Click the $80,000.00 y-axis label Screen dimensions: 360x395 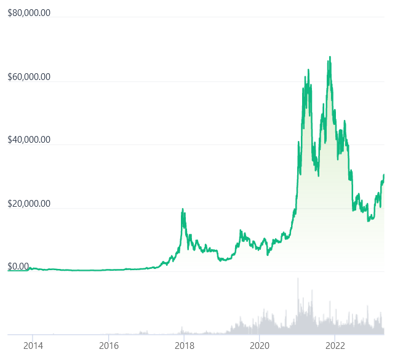(x=28, y=13)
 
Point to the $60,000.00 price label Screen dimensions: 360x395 (x=28, y=78)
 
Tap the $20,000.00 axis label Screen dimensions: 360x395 (x=28, y=204)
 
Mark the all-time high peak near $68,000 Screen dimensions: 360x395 (x=330, y=57)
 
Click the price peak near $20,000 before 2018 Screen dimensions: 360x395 (x=183, y=210)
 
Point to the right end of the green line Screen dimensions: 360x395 (x=384, y=175)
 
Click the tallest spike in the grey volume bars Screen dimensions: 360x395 (x=298, y=278)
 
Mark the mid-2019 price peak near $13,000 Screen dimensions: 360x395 (x=241, y=230)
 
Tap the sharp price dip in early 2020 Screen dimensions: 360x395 (x=268, y=254)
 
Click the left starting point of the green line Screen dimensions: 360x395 (x=9, y=270)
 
